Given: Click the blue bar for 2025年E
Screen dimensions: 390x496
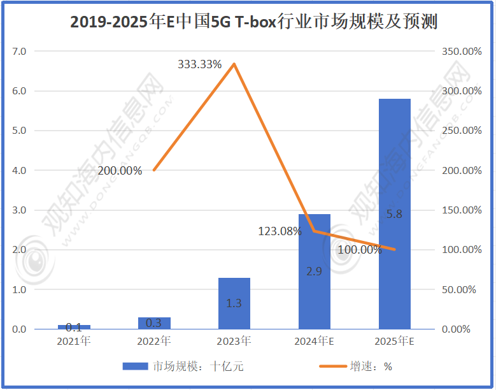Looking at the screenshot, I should tap(394, 213).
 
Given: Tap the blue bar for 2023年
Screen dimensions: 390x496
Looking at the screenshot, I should tap(234, 303).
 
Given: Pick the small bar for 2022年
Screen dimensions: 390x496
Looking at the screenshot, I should tap(154, 323).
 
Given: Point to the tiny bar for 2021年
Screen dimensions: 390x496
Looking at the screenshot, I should tap(74, 327).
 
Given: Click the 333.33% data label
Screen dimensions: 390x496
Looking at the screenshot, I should tap(199, 64).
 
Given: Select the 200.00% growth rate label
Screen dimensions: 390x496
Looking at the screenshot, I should tap(120, 170).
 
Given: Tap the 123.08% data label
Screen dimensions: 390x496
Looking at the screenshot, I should tap(280, 231).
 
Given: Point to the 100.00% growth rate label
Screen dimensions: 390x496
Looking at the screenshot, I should tap(360, 250).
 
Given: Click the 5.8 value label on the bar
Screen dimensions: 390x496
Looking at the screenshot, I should tap(394, 214).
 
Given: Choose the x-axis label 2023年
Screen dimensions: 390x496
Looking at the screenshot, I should tap(234, 341).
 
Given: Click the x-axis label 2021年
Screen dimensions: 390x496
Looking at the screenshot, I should tap(74, 341).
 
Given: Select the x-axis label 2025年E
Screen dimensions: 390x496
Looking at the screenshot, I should tap(394, 341).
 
